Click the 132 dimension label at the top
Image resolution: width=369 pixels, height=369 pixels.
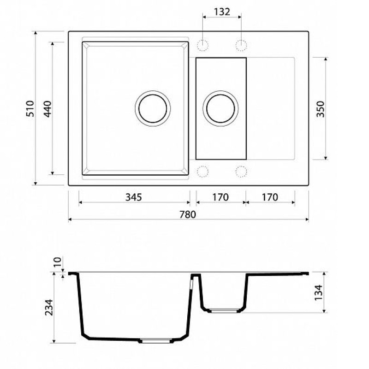coord(222,12)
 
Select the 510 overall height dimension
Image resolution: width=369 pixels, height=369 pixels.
coord(30,108)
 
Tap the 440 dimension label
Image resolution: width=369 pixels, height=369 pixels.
coord(48,109)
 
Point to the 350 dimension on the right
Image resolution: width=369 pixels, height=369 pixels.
coord(320,109)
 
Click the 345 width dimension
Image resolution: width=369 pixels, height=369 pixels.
coord(134,197)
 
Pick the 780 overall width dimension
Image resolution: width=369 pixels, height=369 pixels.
coord(188,214)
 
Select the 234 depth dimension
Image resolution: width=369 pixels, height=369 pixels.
coord(49,307)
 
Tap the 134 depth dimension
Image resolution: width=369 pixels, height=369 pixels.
coord(318,292)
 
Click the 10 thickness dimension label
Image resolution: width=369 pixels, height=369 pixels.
coord(57,262)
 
